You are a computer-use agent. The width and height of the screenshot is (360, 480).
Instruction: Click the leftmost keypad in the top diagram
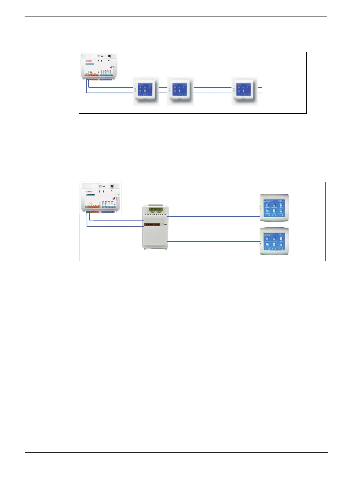click(x=146, y=91)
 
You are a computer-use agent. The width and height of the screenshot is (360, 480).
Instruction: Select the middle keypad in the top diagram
click(x=180, y=91)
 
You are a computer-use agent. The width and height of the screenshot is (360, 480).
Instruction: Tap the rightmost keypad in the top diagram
click(x=244, y=91)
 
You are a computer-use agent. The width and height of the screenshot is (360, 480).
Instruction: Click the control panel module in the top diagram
click(x=99, y=67)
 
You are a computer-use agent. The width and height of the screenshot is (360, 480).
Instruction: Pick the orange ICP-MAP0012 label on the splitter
click(x=152, y=224)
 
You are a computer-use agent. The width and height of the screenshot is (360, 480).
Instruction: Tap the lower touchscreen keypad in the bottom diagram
click(x=274, y=241)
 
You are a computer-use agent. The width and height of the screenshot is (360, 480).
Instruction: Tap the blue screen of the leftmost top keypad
click(x=146, y=89)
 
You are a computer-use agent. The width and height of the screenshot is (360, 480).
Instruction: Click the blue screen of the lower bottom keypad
click(x=274, y=241)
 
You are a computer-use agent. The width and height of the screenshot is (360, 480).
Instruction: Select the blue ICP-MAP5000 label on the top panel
click(x=90, y=64)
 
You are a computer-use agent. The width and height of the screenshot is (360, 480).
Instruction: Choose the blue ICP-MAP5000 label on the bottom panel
click(x=91, y=195)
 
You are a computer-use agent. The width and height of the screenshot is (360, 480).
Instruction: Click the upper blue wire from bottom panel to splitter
click(x=116, y=220)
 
